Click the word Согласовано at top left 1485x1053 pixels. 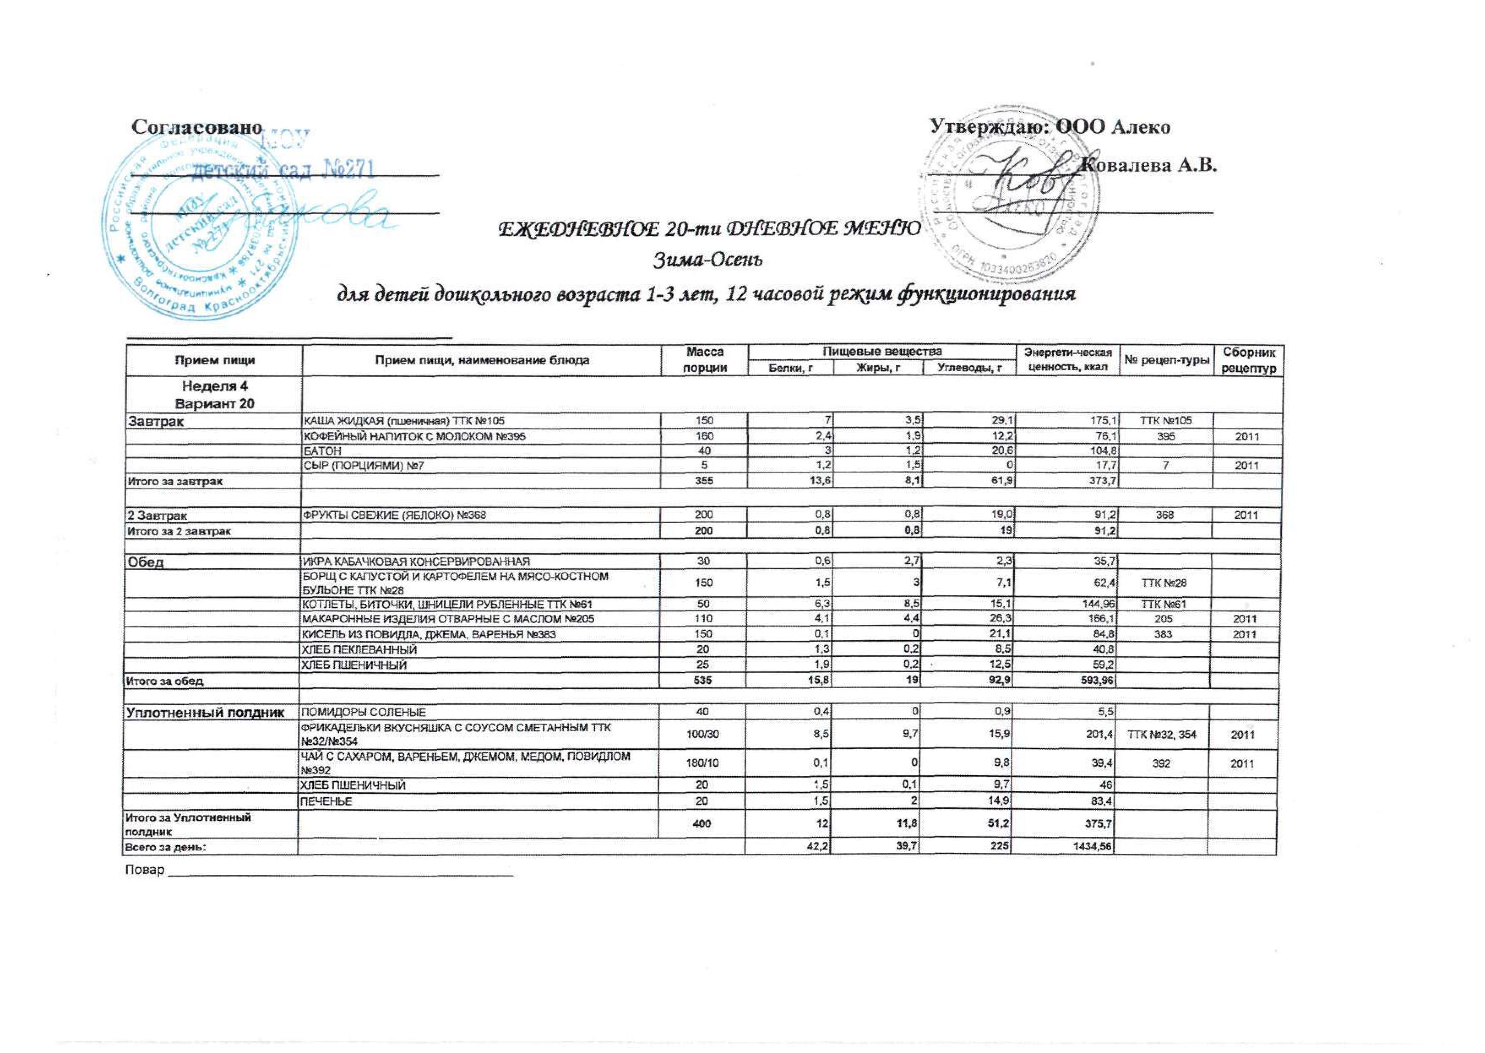[x=197, y=127]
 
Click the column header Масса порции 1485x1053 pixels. [x=705, y=360]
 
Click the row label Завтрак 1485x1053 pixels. [x=155, y=421]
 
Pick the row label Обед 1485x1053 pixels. [x=145, y=562]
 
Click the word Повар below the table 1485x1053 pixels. [x=144, y=869]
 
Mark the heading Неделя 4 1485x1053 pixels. [x=215, y=386]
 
